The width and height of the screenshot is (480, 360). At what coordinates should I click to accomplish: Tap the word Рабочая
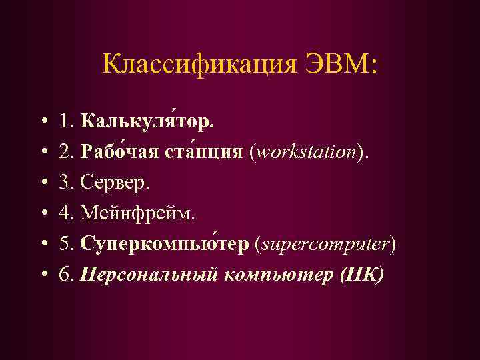coord(117,153)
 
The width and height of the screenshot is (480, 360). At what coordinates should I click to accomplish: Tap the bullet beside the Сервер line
coord(43,184)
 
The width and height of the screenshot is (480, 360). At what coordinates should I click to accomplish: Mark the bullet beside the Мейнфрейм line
coord(43,215)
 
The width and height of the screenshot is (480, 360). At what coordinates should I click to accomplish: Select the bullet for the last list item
coord(43,275)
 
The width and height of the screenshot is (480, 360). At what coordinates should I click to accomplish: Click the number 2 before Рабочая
coord(63,153)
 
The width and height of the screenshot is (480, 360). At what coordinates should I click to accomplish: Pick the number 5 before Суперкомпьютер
coord(63,244)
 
